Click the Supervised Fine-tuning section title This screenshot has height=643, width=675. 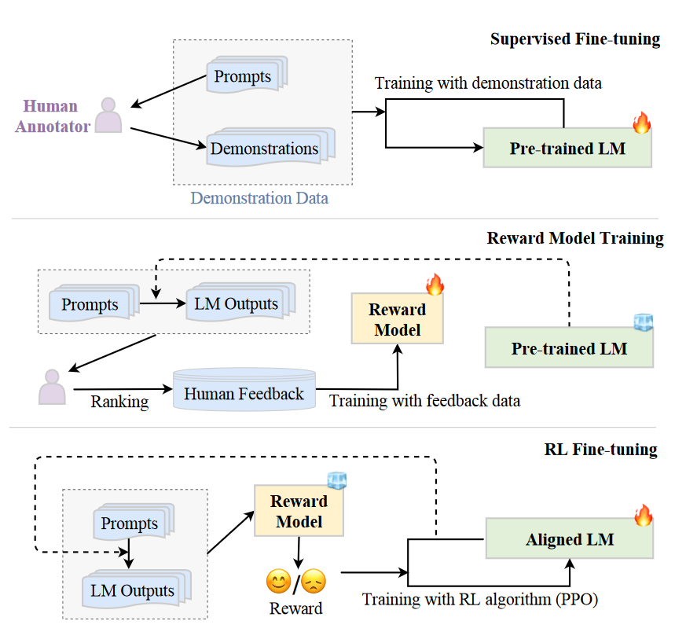click(574, 39)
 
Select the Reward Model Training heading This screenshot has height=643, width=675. click(575, 238)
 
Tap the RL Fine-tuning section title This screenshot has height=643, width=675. click(600, 450)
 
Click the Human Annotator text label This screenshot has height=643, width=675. click(51, 116)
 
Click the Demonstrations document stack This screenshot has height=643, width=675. click(265, 149)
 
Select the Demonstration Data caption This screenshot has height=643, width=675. click(259, 198)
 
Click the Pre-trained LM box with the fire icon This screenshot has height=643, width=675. click(567, 148)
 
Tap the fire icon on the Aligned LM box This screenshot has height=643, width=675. click(643, 516)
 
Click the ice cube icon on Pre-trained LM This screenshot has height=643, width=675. click(644, 323)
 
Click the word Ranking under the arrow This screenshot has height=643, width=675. click(119, 402)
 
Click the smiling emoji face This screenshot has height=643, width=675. click(278, 582)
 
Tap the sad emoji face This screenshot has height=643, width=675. click(314, 582)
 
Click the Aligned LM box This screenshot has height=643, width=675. click(570, 540)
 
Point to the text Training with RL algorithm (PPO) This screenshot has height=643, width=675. click(480, 600)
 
